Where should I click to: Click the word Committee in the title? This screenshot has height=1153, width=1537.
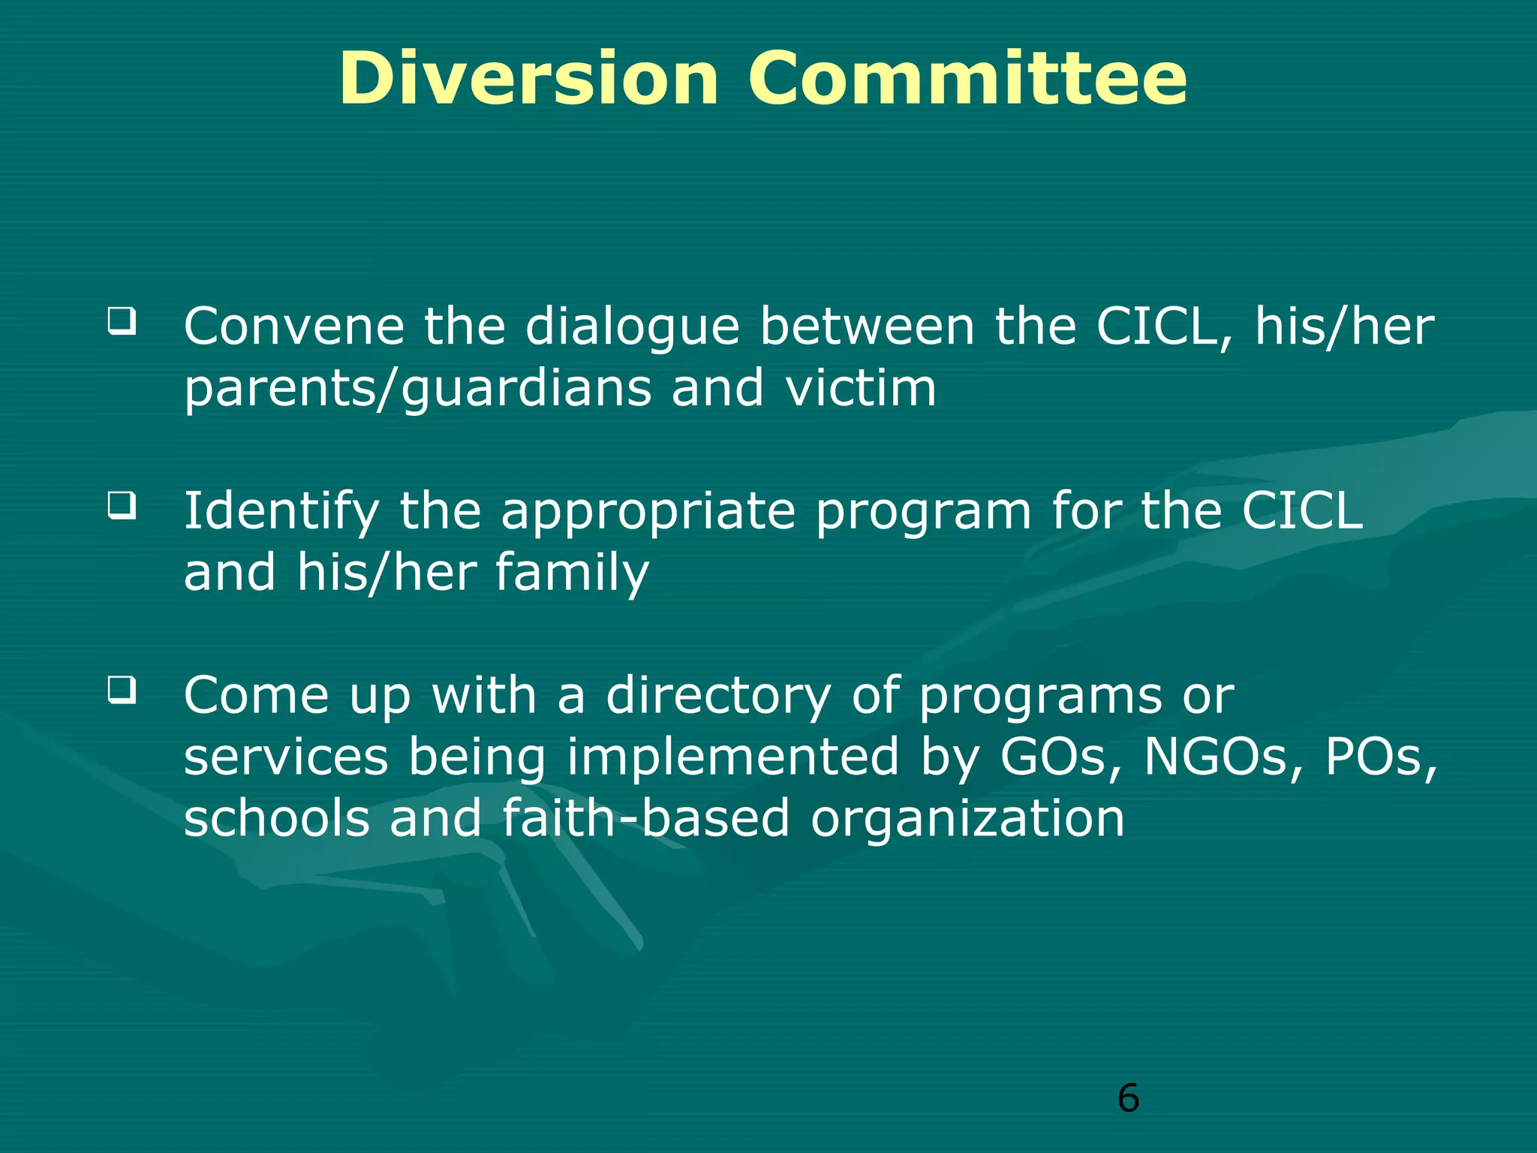point(967,79)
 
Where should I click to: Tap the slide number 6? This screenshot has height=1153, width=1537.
point(1128,1098)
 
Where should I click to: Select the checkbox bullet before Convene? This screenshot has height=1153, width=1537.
point(122,321)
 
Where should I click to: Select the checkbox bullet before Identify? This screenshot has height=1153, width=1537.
point(122,505)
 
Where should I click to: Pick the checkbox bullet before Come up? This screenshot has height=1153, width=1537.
point(122,689)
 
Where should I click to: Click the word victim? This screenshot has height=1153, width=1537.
point(861,388)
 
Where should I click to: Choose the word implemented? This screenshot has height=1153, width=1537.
point(732,757)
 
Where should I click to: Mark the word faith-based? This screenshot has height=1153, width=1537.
point(646,817)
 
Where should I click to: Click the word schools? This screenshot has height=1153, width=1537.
point(277,817)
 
